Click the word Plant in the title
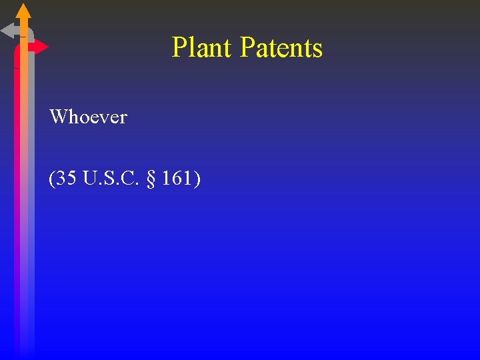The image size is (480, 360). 202,47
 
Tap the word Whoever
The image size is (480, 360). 88,117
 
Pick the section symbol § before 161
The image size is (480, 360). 151,179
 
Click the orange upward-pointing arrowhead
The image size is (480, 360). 23,11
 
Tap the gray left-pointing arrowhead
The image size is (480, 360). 8,31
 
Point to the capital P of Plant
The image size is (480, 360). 179,47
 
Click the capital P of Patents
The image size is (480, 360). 246,47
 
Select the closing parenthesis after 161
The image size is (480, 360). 196,179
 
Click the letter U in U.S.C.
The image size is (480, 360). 89,179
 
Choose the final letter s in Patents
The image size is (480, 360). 317,49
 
